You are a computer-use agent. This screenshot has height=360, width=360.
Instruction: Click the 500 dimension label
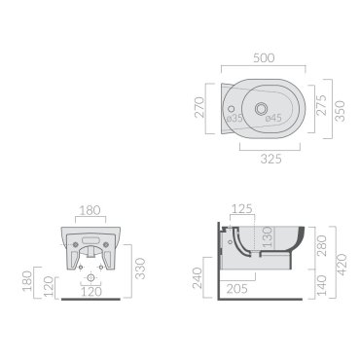264,58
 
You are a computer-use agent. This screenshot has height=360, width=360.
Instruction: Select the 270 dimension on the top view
199,107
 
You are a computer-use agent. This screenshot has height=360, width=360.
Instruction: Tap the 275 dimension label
321,105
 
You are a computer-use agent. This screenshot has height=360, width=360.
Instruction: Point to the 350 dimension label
340,111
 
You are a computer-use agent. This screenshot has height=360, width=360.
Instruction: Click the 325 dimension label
271,159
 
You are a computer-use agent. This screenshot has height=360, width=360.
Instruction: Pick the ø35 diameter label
234,118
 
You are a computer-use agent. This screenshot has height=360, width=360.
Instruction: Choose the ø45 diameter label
273,118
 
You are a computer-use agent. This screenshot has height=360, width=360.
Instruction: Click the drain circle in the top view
261,109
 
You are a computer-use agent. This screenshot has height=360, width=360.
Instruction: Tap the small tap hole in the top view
232,108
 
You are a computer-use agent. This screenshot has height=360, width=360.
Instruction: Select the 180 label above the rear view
90,210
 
